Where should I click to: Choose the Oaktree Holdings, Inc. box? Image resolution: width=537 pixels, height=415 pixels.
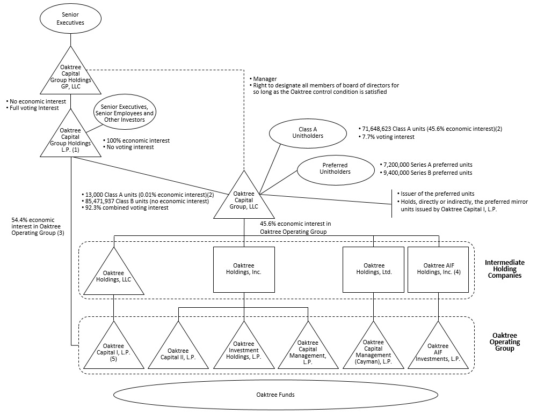[244, 269]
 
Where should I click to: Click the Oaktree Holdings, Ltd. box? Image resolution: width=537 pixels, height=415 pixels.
[374, 269]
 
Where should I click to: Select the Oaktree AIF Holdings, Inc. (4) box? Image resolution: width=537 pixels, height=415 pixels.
[438, 269]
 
